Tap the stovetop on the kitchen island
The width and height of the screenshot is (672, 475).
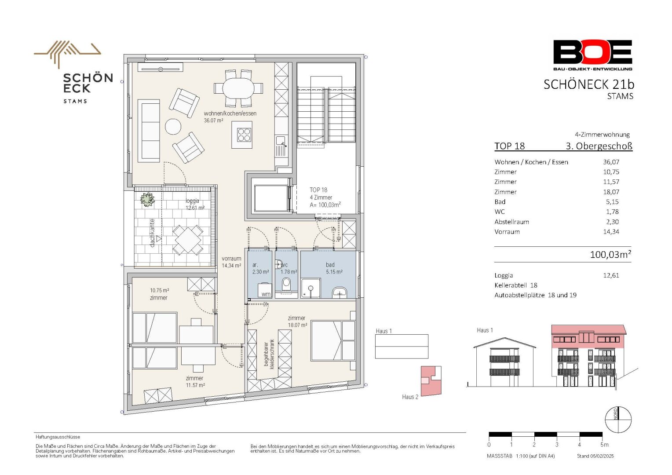[244, 135]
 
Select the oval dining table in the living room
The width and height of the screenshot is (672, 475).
[238, 88]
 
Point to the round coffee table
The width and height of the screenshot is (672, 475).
[173, 127]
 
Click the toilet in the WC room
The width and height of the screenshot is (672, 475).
[286, 284]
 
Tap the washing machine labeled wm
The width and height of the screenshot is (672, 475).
[265, 290]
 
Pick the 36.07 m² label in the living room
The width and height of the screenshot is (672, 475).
[213, 121]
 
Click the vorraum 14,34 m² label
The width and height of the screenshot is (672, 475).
[231, 262]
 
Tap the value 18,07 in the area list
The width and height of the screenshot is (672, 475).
[611, 192]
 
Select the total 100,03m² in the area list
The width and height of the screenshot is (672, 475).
[610, 255]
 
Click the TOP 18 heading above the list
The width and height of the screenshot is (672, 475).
[509, 146]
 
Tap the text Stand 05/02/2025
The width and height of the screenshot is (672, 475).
[595, 456]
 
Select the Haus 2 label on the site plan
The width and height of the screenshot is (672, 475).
[410, 397]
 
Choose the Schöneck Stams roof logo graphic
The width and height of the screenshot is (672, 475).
[67, 53]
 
